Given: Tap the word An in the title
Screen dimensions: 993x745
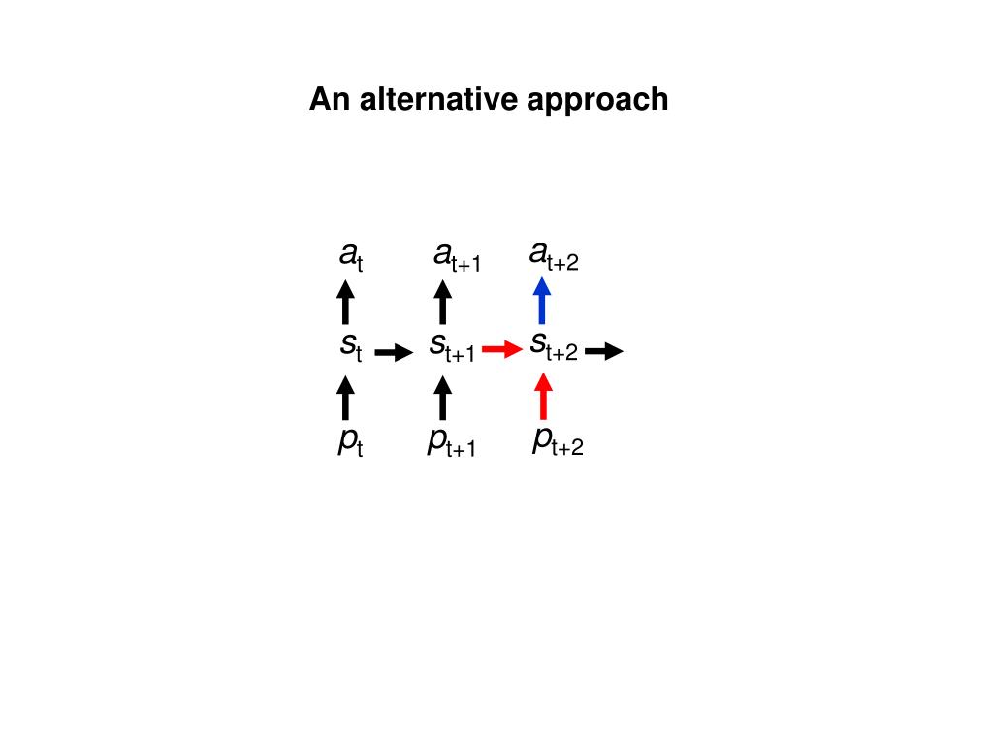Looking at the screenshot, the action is point(331,99).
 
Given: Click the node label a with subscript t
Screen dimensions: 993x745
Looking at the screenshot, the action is point(351,256).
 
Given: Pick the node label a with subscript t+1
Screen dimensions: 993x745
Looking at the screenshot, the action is point(457,257).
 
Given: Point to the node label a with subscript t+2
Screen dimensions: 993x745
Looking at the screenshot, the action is point(554,256).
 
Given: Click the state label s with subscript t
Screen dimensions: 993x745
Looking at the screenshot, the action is point(350,346).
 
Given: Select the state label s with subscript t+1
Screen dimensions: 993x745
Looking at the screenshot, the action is point(452,346).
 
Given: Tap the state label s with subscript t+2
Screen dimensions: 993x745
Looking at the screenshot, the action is point(554,346).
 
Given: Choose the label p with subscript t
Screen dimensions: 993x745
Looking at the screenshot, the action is point(350,442).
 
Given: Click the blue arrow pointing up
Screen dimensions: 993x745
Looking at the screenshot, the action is point(542,301).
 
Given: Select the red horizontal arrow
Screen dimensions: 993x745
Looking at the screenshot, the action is point(502,350).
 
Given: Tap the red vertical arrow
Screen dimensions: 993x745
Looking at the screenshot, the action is point(543,396).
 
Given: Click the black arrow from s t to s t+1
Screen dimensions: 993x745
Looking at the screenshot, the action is point(394,352).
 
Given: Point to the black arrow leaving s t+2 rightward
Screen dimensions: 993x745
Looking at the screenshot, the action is point(603,352).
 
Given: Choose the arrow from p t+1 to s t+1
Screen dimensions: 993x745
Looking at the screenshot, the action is point(442,398).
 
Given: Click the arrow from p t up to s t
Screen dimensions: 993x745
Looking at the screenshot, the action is point(344,398).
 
